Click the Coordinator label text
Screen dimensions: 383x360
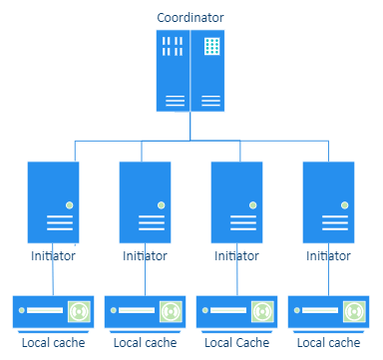[x=191, y=18]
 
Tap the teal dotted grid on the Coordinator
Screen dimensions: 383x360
[x=211, y=46]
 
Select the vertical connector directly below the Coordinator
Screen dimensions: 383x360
[x=191, y=126]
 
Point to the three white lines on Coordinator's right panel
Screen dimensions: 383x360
[x=210, y=101]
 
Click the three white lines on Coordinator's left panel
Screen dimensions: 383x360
[x=175, y=101]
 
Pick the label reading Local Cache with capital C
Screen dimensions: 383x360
[x=236, y=343]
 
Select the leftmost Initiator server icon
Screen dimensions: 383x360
[x=53, y=202]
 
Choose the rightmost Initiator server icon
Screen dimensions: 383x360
[x=328, y=202]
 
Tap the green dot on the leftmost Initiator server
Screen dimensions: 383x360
[x=70, y=205]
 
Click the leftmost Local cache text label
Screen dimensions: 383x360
[x=53, y=343]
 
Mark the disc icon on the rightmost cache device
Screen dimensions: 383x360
[x=354, y=312]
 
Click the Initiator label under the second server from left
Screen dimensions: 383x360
[x=145, y=256]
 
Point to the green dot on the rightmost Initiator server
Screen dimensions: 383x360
[x=345, y=205]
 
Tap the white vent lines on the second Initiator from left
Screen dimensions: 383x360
[x=152, y=223]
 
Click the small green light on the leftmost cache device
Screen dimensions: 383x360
[x=22, y=310]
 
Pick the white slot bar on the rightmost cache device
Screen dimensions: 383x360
[x=320, y=310]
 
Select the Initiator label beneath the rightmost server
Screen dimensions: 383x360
[x=328, y=256]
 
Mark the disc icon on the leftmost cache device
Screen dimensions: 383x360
[x=79, y=312]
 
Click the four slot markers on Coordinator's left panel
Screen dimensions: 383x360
[x=173, y=46]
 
